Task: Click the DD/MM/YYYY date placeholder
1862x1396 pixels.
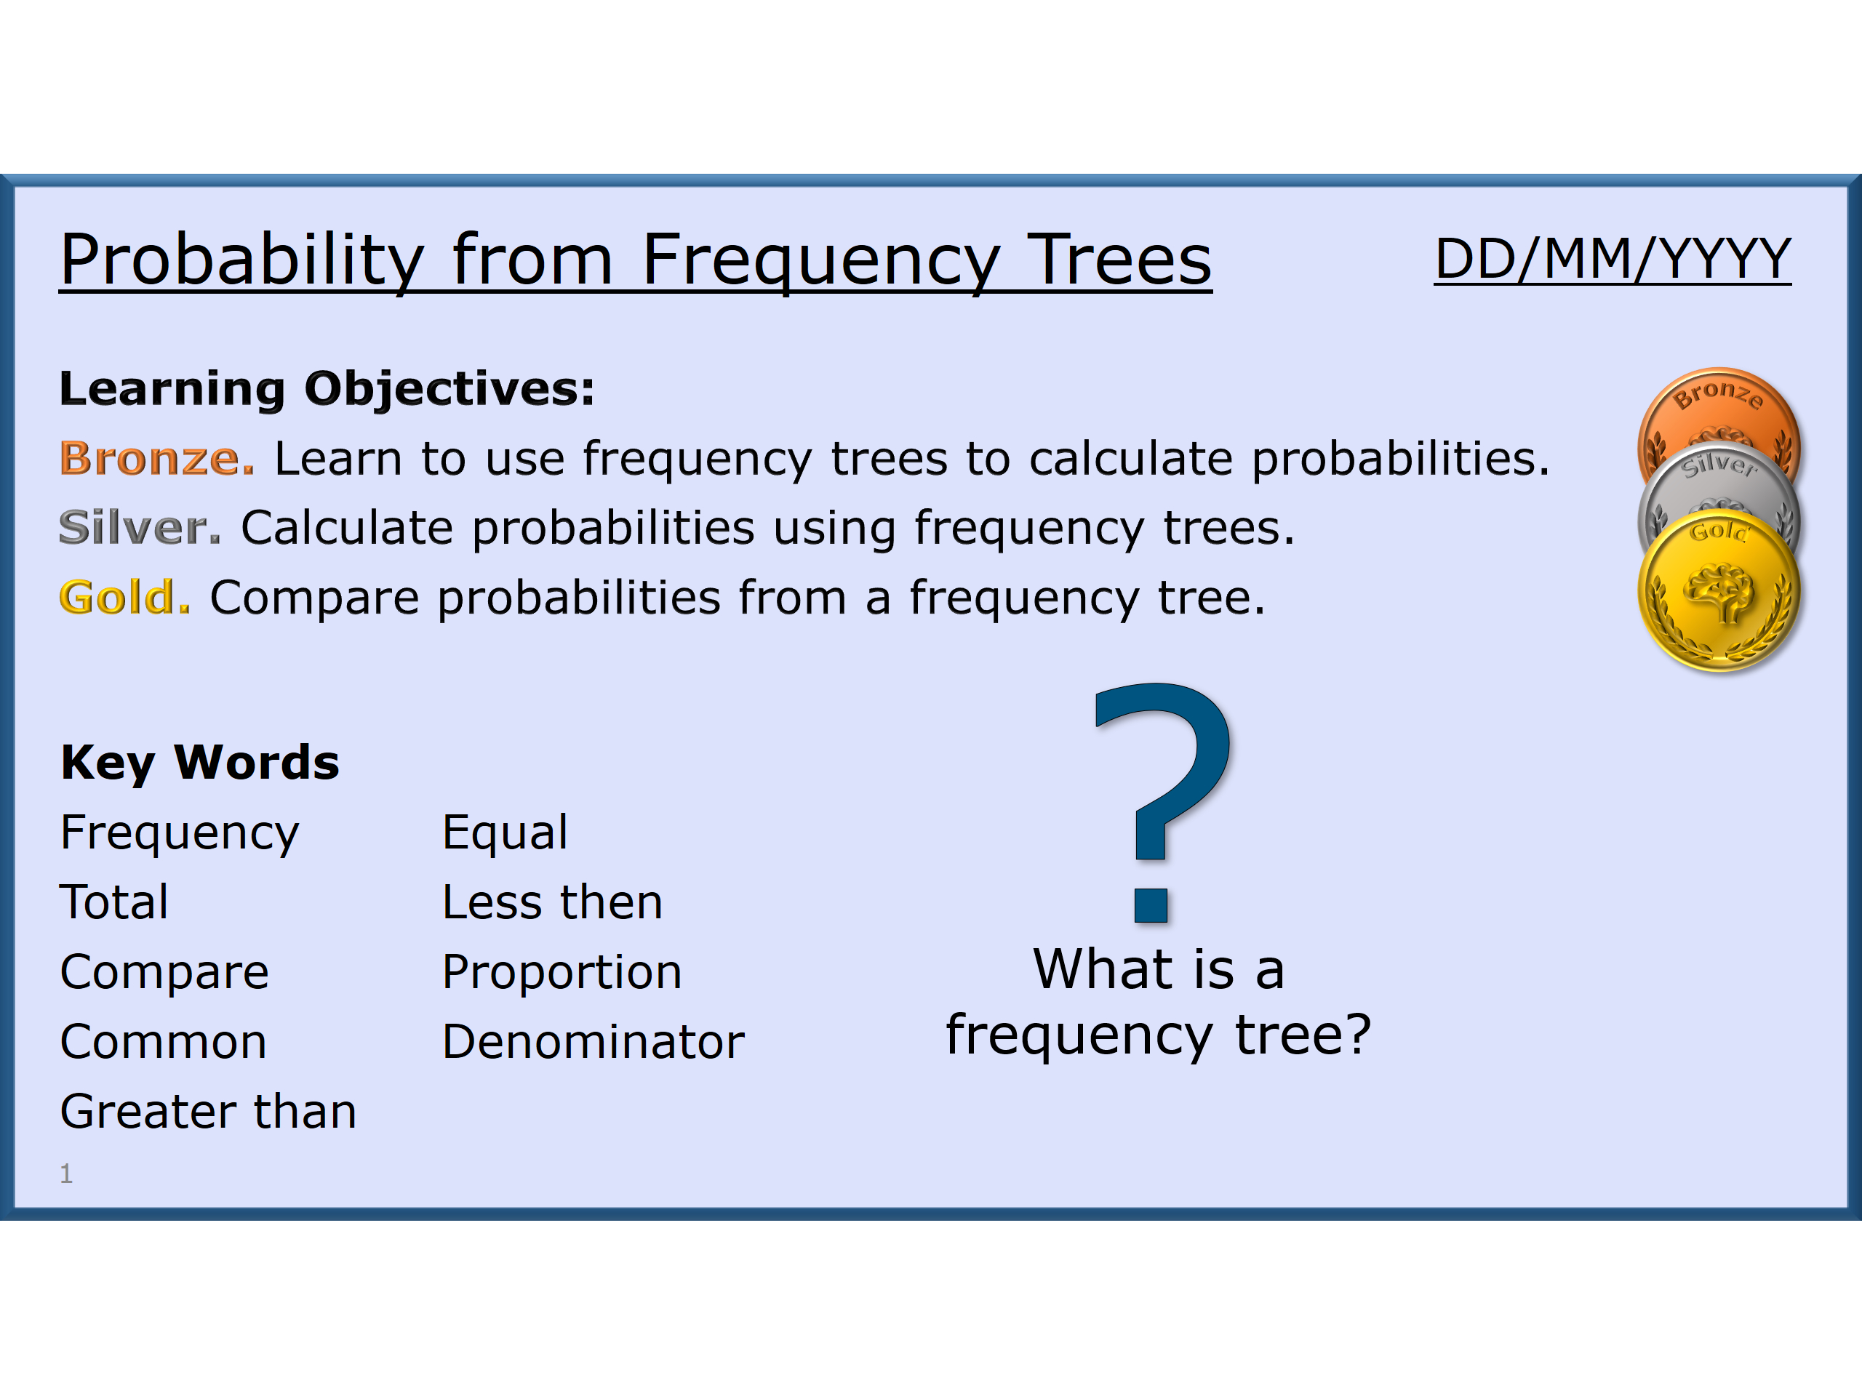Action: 1611,258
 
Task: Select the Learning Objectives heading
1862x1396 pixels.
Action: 327,389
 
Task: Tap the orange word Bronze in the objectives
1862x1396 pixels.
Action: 156,459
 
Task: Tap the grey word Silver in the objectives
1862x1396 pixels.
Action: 140,528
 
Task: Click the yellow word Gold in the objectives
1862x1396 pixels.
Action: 124,598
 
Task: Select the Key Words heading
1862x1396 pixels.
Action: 199,763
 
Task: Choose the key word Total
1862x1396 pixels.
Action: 114,902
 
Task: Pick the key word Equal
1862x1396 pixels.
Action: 505,833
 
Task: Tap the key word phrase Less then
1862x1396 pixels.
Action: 552,902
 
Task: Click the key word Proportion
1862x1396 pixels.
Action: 562,972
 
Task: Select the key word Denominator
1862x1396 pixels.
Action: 593,1042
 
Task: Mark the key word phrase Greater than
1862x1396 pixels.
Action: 208,1112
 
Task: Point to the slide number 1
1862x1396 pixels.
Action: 66,1173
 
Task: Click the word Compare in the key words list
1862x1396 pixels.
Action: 164,972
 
